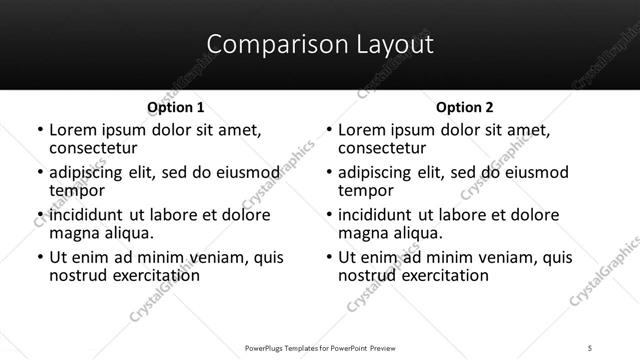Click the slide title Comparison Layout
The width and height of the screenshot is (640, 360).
pos(319,45)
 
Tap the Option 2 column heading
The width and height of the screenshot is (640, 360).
pos(465,107)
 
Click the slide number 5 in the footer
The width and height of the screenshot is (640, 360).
pos(590,347)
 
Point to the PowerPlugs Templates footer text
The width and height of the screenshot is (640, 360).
pos(319,347)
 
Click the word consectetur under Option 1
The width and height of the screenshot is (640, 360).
pos(93,148)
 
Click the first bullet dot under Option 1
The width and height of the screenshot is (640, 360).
pos(39,131)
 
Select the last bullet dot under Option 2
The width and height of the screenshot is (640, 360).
pos(328,258)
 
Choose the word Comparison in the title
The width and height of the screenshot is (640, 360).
pos(268,45)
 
